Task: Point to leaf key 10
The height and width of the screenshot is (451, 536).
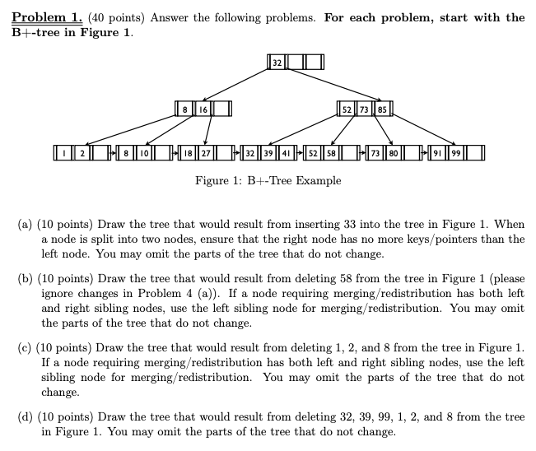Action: click(x=145, y=154)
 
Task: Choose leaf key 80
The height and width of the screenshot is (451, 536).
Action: click(x=395, y=154)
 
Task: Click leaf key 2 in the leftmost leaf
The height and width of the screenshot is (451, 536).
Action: click(x=82, y=154)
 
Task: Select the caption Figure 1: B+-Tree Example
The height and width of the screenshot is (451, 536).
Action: click(x=268, y=180)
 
